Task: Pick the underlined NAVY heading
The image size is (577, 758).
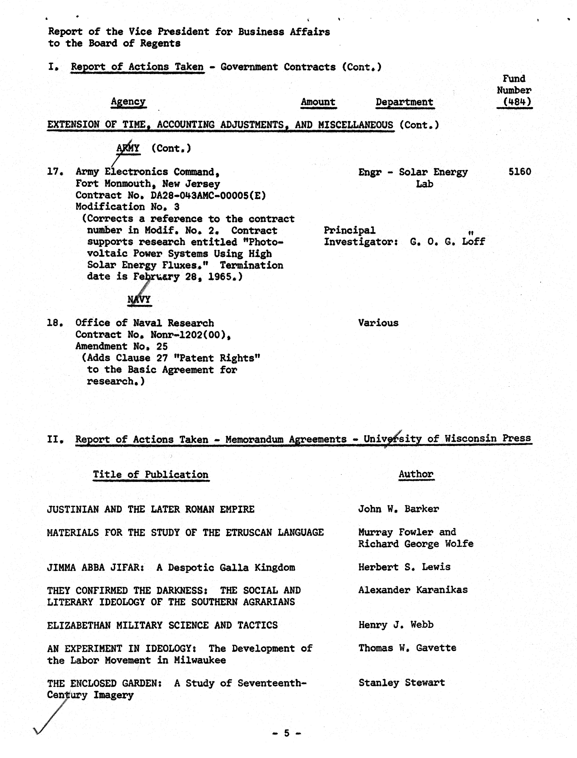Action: click(x=139, y=299)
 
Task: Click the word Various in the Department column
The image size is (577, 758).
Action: click(x=378, y=323)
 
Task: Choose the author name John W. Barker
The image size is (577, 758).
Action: click(x=398, y=509)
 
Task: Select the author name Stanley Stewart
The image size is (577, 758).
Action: click(x=401, y=682)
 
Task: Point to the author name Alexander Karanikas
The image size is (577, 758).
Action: click(x=413, y=590)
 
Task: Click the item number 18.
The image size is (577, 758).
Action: click(x=54, y=323)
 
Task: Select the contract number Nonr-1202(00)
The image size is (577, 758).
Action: click(x=190, y=334)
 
